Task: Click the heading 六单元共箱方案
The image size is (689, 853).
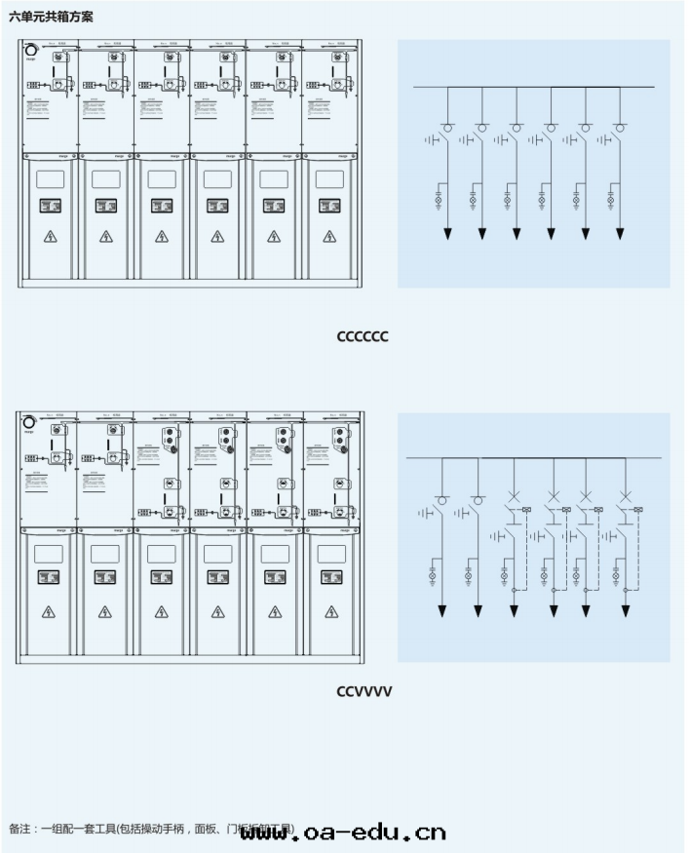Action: coord(51,18)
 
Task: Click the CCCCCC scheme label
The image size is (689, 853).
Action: coord(363,336)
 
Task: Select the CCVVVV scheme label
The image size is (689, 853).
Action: coord(364,691)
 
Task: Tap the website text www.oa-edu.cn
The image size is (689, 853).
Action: coord(342,833)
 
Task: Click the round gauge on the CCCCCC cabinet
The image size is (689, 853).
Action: coord(31,51)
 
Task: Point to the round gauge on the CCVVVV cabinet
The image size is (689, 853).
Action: coord(29,422)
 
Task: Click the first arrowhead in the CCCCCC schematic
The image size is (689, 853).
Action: coord(448,234)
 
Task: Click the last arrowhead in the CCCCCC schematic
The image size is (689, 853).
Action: coord(620,234)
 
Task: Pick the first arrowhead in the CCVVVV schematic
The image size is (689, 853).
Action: coord(441,611)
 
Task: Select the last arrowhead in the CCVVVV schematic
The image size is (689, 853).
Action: coord(626,611)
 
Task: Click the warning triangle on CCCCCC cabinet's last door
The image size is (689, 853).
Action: coord(329,237)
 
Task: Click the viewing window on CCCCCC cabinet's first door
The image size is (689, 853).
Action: coord(50,179)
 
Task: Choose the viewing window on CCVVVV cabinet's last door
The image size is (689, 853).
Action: coord(331,554)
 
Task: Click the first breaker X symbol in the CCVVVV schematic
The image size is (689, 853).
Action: coord(515,496)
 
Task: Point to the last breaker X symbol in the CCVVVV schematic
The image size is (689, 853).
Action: coord(626,496)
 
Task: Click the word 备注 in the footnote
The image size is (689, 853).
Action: coord(19,830)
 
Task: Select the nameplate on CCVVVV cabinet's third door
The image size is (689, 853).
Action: coord(161,577)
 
